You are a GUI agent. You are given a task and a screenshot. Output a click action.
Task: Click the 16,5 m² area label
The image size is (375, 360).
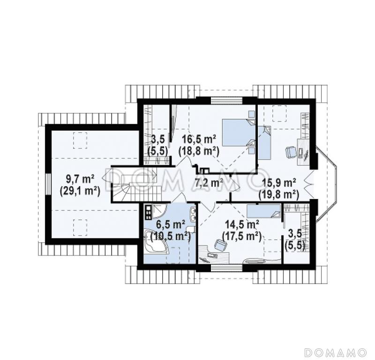(x=199, y=139)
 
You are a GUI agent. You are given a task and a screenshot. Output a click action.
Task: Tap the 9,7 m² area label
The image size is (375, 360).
(x=80, y=179)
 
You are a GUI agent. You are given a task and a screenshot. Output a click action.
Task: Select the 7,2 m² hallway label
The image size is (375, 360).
(x=209, y=183)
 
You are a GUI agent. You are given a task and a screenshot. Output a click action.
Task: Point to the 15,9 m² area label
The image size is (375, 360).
(x=279, y=183)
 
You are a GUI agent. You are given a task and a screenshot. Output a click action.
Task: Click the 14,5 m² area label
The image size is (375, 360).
(x=241, y=225)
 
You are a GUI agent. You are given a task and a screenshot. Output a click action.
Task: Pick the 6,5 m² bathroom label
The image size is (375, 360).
(x=170, y=225)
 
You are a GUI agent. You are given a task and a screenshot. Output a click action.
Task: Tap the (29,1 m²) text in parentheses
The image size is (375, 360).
(x=80, y=191)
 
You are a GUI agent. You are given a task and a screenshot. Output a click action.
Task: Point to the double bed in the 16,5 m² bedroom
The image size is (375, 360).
(x=239, y=132)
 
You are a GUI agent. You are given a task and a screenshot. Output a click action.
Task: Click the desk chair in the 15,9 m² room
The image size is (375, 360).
(x=291, y=152)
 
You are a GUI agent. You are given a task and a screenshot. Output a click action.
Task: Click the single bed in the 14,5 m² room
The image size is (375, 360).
(x=264, y=212)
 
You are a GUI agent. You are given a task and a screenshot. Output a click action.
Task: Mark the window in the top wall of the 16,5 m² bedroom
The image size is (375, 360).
(x=227, y=100)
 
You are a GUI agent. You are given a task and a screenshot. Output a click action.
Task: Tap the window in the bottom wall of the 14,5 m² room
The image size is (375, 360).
(x=227, y=268)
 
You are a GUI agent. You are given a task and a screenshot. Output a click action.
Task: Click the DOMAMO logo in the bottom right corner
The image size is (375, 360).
(x=336, y=352)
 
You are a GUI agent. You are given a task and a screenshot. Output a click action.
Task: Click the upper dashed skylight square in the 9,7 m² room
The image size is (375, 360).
(x=80, y=140)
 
